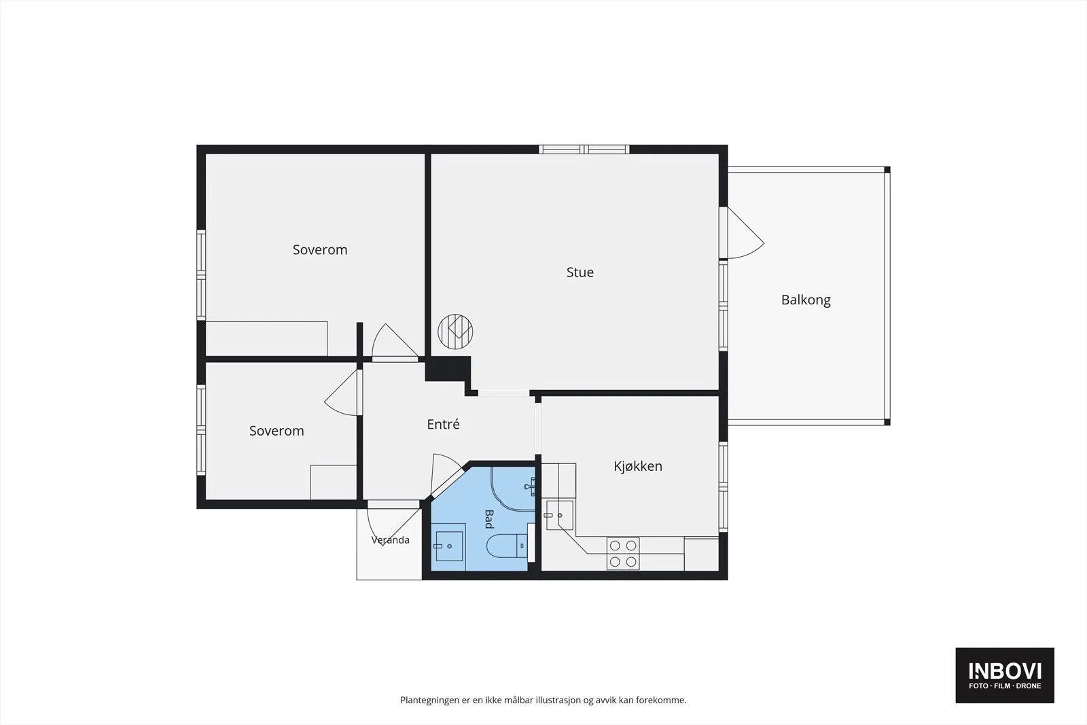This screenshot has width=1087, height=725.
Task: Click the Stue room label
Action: [580, 272]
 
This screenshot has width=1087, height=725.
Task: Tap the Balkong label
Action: [806, 300]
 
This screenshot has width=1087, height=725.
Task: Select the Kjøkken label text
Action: [638, 466]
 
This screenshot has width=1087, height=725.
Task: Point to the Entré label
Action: [443, 424]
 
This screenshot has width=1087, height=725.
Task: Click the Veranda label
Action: [390, 540]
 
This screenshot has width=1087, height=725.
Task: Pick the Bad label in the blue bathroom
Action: [488, 518]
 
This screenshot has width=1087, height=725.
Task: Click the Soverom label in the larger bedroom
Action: [320, 250]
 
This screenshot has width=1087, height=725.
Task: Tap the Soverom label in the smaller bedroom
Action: [277, 431]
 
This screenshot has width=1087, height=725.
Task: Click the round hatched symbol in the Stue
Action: [455, 332]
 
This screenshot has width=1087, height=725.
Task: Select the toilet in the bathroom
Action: [507, 546]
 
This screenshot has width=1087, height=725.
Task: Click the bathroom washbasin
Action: [449, 546]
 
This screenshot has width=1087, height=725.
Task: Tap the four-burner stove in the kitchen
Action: [623, 554]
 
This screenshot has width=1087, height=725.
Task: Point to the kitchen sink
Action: [560, 515]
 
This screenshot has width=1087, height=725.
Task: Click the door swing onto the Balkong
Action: [746, 234]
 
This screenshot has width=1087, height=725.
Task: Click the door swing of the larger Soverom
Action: [394, 340]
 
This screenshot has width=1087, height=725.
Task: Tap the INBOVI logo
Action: [1005, 675]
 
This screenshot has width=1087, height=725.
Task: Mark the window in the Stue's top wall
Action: [584, 149]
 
